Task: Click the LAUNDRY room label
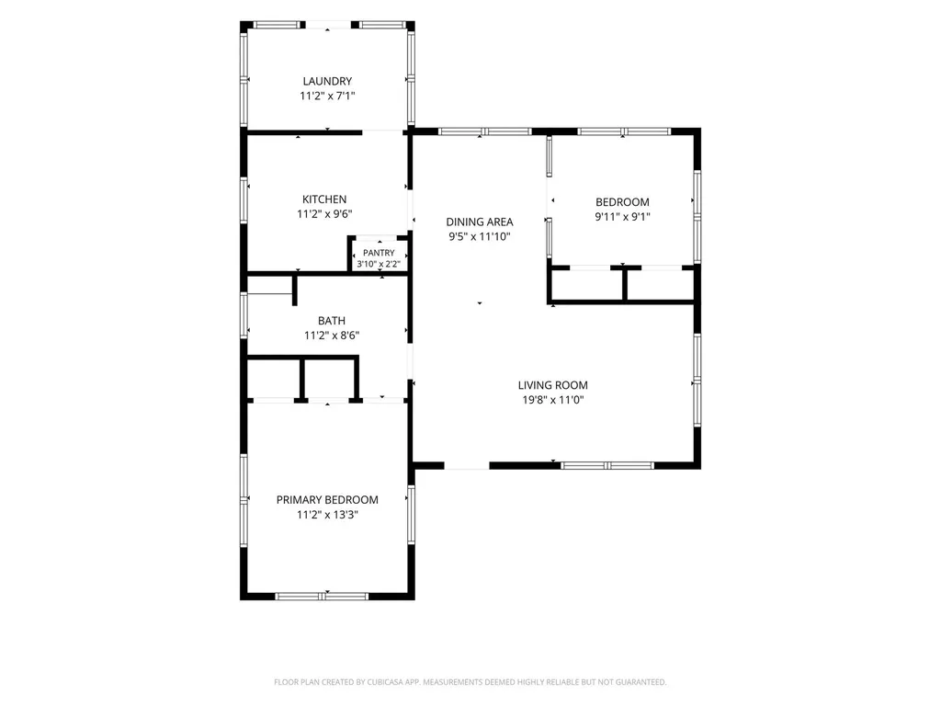tap(327, 81)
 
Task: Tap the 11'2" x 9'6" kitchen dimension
tap(324, 213)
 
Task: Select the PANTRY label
tap(379, 253)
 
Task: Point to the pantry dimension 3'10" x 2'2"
tap(379, 264)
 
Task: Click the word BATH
tap(332, 321)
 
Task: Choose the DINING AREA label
tap(480, 222)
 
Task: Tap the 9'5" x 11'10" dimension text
tap(480, 236)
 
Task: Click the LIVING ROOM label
tap(552, 385)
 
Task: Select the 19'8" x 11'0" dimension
tap(552, 400)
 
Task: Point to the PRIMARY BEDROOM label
tap(327, 499)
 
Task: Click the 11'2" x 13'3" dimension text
tap(327, 515)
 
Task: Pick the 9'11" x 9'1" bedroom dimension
tap(622, 217)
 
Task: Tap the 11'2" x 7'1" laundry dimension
tap(327, 96)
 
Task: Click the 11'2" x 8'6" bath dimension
tap(332, 335)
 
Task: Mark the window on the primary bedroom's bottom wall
tap(322, 596)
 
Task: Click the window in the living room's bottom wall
tap(607, 465)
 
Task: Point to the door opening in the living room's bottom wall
tap(467, 465)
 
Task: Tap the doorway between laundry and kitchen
tap(382, 131)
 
